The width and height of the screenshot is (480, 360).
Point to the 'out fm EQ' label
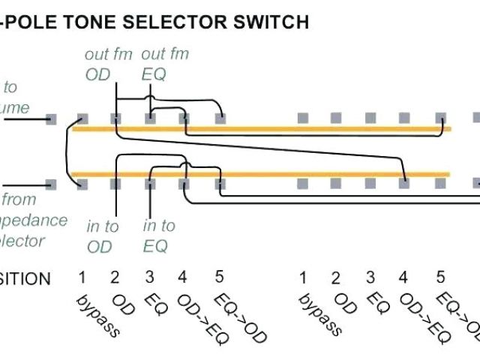tap(164, 64)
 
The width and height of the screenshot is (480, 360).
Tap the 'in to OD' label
tap(103, 235)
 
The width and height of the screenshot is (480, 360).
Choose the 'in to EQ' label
tap(159, 235)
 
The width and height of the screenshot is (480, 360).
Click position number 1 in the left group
tap(82, 278)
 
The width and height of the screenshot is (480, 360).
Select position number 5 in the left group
tap(219, 278)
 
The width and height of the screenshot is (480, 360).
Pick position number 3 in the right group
tap(370, 278)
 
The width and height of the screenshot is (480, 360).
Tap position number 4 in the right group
tap(403, 278)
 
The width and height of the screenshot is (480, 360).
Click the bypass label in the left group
tap(97, 316)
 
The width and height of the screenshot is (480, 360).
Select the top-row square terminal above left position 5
tap(220, 118)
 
